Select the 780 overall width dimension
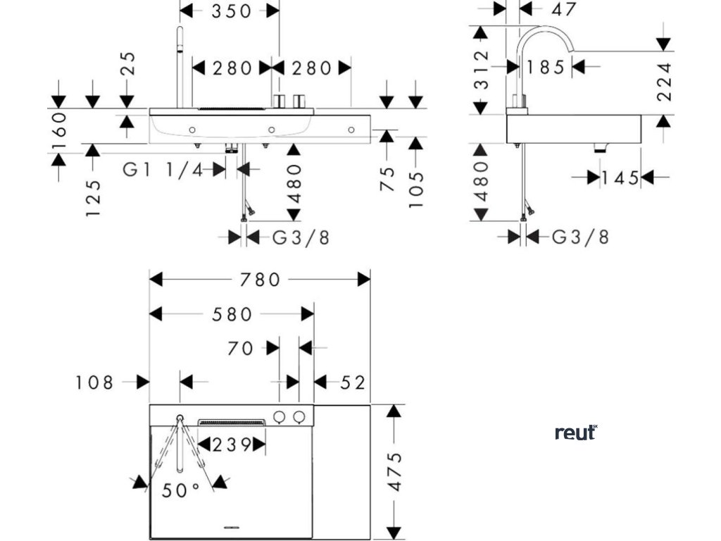[259, 280]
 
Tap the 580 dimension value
[232, 314]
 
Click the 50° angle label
[181, 490]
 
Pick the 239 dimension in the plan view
[232, 444]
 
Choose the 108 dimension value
[94, 383]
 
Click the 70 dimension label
[240, 348]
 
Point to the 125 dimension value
[93, 198]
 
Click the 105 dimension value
[415, 189]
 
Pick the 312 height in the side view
[481, 69]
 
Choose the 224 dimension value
[664, 82]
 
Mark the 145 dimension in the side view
[620, 178]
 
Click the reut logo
[576, 433]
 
